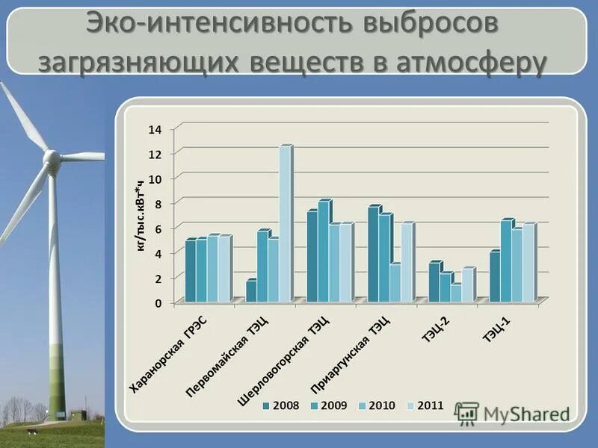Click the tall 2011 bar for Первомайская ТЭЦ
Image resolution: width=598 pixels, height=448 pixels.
284,224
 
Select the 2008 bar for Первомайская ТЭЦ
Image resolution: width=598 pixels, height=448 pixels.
251,291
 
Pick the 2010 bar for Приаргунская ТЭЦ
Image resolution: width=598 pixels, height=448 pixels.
395,283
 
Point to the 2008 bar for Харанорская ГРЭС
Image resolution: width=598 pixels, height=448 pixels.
191,271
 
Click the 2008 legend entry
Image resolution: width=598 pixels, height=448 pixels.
281,405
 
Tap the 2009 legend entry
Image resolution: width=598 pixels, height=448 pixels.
329,405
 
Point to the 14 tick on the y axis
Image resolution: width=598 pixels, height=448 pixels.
155,129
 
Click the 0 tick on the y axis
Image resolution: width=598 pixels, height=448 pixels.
158,303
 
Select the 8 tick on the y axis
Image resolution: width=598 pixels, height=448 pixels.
158,203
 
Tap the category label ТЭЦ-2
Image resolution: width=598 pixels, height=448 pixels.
435,329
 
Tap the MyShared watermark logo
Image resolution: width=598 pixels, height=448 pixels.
516,413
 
